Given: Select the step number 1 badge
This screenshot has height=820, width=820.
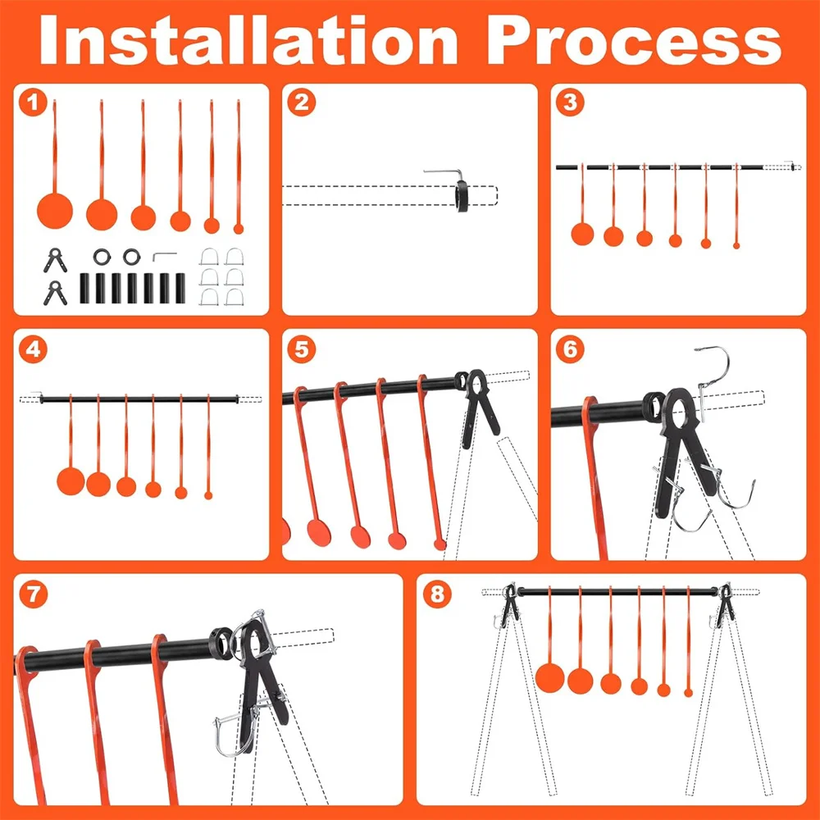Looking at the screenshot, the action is (x=33, y=102).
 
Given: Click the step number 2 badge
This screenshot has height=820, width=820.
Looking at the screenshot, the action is (x=302, y=102).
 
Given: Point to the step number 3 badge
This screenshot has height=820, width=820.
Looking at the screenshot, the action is (x=571, y=102).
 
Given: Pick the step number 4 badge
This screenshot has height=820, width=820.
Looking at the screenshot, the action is (x=33, y=348).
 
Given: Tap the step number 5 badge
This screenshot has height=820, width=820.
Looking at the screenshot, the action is (x=302, y=348).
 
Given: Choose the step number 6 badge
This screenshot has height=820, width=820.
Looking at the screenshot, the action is (x=571, y=348).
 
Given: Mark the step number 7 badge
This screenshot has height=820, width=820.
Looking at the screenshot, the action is (x=33, y=594).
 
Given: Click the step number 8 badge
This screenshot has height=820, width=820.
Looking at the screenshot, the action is (x=437, y=594).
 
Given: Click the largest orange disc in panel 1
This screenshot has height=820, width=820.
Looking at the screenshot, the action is (x=55, y=211).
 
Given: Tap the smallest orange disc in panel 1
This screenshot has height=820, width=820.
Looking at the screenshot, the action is (x=239, y=229).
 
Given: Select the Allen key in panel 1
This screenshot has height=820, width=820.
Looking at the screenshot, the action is (x=164, y=256).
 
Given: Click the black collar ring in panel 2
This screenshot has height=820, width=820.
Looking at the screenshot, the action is (x=462, y=196).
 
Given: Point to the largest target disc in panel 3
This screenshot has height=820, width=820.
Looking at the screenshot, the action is (x=582, y=234).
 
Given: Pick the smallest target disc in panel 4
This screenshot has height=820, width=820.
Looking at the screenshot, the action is (x=208, y=495).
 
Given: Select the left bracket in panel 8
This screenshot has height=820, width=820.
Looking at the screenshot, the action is (x=510, y=606).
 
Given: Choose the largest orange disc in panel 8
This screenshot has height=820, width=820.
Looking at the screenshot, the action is (x=550, y=678).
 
